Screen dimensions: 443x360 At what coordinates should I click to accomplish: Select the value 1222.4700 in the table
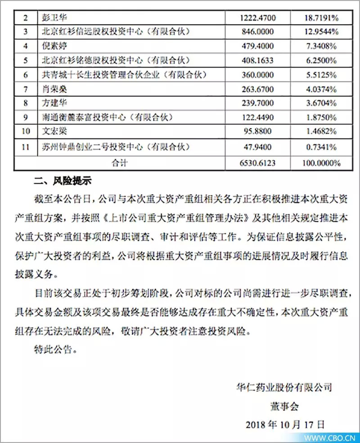pyautogui.click(x=258, y=18)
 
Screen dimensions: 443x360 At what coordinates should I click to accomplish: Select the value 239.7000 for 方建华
pyautogui.click(x=258, y=104)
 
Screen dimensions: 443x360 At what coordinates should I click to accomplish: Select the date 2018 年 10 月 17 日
pyautogui.click(x=285, y=424)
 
